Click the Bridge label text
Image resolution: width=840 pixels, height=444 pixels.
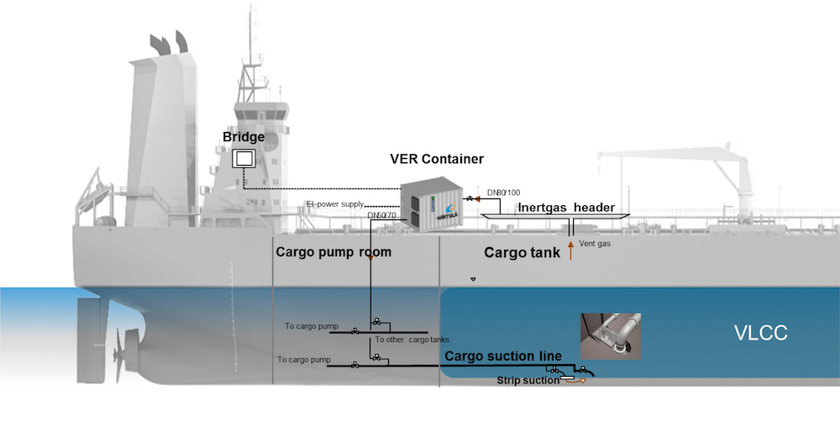pos(244,137)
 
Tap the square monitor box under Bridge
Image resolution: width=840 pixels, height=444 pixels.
pos(244,159)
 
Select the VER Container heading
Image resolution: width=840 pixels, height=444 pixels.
pos(437,158)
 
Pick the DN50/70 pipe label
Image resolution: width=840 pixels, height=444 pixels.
pos(382,216)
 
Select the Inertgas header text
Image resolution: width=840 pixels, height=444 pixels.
pos(566,208)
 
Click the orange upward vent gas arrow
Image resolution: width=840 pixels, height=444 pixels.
pos(571,249)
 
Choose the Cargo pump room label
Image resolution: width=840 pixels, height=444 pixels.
pos(333,251)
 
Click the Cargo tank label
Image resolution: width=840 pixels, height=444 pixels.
pos(522,251)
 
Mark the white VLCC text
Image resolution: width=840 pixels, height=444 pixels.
pos(759,333)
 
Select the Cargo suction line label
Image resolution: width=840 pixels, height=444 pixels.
pos(502,357)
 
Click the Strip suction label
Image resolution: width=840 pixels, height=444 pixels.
pos(527,381)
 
